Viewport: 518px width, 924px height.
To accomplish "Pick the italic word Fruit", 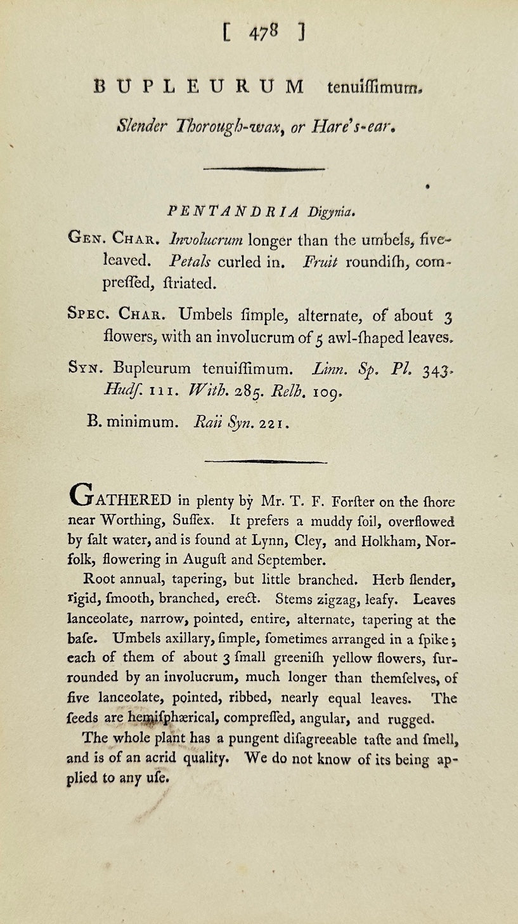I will point(319,262).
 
